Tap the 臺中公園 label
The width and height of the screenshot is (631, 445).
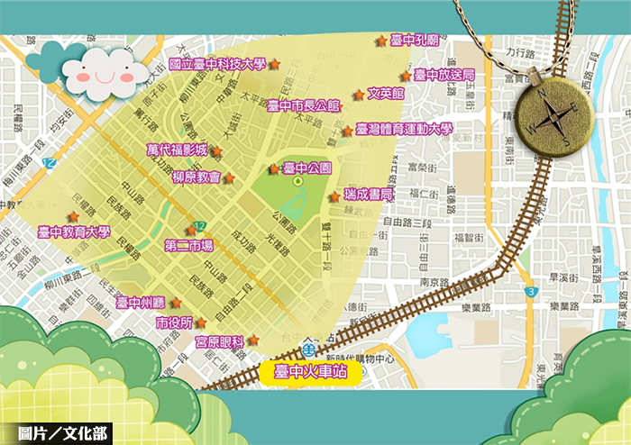(x=307, y=168)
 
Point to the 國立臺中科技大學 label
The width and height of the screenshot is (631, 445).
(x=217, y=64)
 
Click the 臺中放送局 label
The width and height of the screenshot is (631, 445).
(x=444, y=75)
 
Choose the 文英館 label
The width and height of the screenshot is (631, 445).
(x=386, y=94)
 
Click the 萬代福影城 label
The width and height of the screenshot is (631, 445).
(x=178, y=150)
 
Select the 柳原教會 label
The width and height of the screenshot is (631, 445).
(x=197, y=177)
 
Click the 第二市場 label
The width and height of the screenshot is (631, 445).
(x=189, y=245)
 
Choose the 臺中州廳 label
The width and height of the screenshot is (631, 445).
(x=141, y=303)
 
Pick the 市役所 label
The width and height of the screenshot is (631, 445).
(x=174, y=322)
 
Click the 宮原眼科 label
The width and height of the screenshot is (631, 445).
(x=221, y=341)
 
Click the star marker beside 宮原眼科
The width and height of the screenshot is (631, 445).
(x=254, y=340)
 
